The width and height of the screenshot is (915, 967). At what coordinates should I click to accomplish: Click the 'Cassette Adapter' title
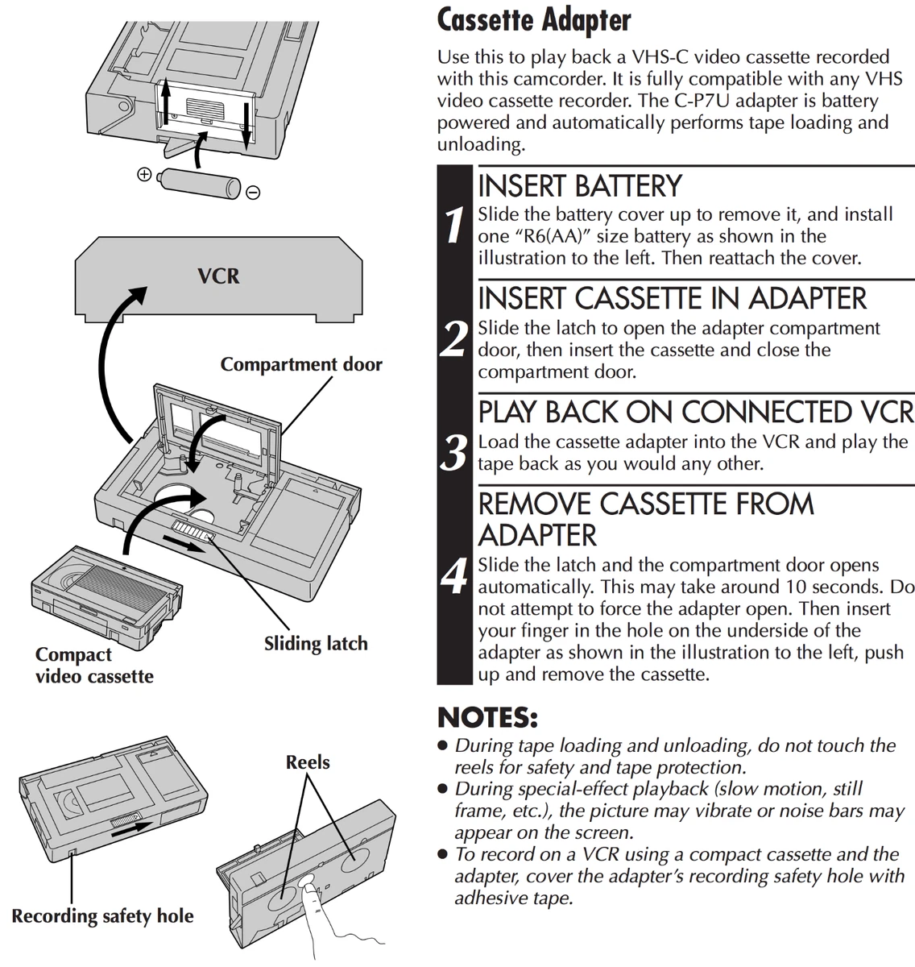pos(533,20)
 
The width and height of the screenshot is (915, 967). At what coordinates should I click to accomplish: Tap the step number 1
pos(455,225)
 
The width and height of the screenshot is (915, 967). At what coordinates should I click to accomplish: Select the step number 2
pos(455,338)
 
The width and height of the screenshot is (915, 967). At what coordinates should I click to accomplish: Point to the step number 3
pos(455,452)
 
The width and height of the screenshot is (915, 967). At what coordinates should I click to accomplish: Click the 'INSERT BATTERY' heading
pos(580,186)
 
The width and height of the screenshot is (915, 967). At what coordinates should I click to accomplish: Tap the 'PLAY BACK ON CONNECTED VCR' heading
pos(696,412)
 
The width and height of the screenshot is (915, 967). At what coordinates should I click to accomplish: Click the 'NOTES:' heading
pos(486,716)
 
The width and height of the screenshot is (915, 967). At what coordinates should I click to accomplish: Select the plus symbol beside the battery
pos(144,174)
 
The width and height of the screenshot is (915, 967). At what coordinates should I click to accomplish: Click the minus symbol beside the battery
pos(253,193)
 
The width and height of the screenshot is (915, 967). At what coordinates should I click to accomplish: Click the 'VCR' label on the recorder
pos(218,276)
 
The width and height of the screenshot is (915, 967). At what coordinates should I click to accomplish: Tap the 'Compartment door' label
pos(301,364)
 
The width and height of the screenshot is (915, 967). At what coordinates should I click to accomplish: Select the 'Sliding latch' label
pos(316,644)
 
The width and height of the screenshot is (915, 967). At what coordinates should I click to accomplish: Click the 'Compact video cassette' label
pos(94,665)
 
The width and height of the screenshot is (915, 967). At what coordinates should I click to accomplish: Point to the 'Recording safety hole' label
pos(102,916)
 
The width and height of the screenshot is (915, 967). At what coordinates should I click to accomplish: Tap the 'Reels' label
pos(308,762)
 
